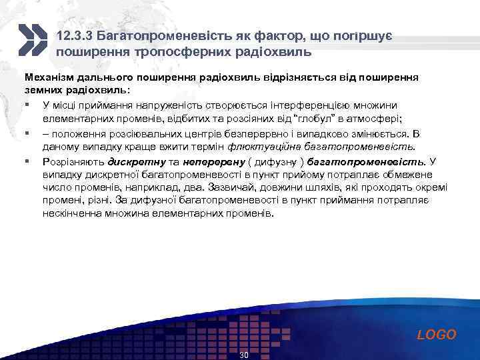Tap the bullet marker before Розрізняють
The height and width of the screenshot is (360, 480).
(x=26, y=161)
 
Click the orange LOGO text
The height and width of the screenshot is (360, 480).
(x=437, y=335)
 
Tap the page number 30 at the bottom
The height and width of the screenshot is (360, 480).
(x=243, y=355)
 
